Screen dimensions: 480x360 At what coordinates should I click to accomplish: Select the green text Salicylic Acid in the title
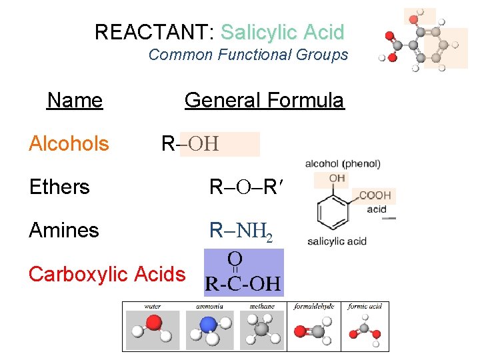pyautogui.click(x=282, y=32)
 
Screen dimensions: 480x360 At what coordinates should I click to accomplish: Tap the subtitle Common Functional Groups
pyautogui.click(x=248, y=55)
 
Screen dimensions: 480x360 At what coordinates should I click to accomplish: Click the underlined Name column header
pyautogui.click(x=75, y=101)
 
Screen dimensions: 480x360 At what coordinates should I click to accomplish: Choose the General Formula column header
pyautogui.click(x=264, y=101)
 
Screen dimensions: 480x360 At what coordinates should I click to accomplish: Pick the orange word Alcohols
pyautogui.click(x=69, y=143)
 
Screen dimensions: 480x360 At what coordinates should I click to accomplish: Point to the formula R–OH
pyautogui.click(x=191, y=143)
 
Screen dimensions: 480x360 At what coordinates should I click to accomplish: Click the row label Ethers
pyautogui.click(x=59, y=187)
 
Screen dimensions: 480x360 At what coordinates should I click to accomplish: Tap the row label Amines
pyautogui.click(x=64, y=230)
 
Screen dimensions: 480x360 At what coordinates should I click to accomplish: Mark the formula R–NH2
pyautogui.click(x=241, y=231)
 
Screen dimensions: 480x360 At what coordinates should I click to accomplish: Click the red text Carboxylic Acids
pyautogui.click(x=107, y=273)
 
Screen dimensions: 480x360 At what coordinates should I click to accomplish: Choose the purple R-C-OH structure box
pyautogui.click(x=243, y=273)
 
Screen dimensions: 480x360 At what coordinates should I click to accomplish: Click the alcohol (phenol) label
pyautogui.click(x=343, y=163)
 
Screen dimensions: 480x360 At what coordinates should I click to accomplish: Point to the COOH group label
pyautogui.click(x=375, y=196)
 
